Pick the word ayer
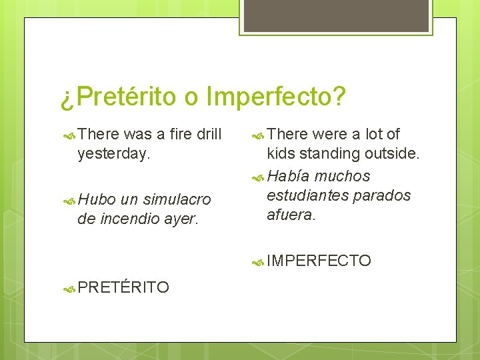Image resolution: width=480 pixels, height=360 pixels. [x=181, y=218]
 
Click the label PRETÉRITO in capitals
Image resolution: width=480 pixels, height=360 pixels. [x=123, y=287]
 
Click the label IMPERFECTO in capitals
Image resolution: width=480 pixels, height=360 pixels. [x=319, y=261]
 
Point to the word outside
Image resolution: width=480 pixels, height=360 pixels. [x=393, y=154]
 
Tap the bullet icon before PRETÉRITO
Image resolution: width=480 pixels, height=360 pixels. [x=68, y=288]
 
